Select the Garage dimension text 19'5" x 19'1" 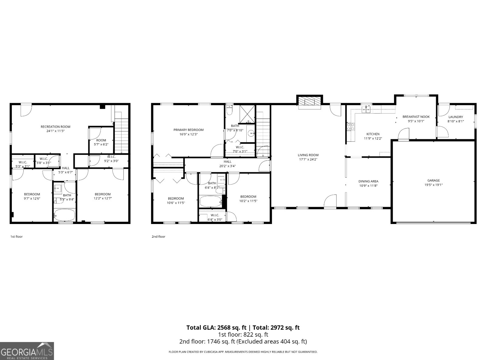point(433,185)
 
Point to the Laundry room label point(456,117)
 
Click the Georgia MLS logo point(27,351)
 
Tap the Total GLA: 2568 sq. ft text point(216,328)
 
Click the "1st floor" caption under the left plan point(16,236)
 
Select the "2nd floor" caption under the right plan point(158,236)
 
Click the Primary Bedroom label point(188,130)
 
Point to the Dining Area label point(368,182)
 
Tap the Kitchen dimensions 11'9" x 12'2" point(373,138)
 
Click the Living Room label point(308,155)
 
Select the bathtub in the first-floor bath point(64,215)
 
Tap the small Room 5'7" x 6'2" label point(101,140)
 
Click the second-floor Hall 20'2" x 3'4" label point(228,164)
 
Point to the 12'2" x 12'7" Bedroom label point(103,194)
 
